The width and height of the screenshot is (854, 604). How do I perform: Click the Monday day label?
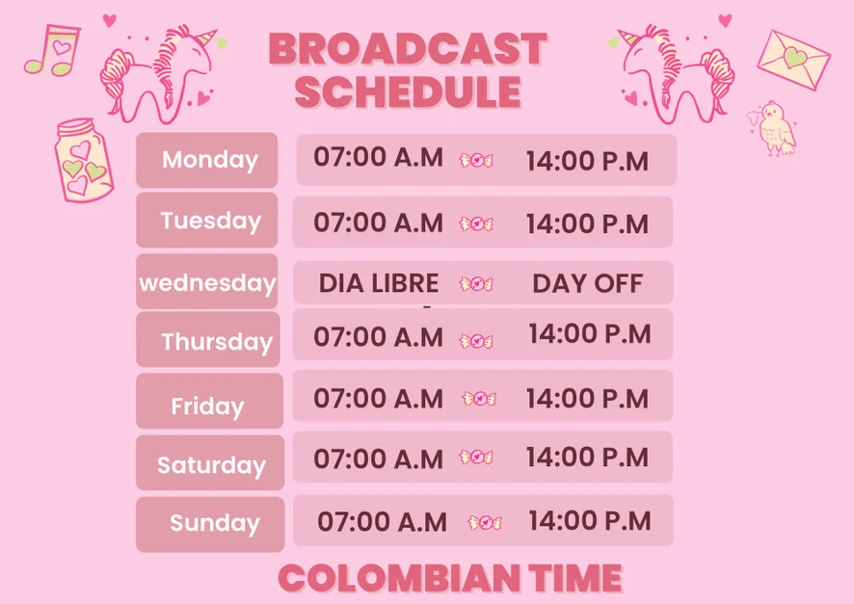click(x=210, y=160)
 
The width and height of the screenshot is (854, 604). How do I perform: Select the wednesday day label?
click(x=207, y=283)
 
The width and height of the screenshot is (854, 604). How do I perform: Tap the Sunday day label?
click(x=215, y=523)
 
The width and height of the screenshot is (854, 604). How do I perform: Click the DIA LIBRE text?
click(x=379, y=283)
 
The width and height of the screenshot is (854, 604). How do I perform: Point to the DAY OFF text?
click(x=588, y=283)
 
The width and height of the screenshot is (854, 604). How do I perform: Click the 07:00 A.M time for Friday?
click(x=379, y=398)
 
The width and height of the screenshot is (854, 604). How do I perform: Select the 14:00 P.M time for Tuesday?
click(x=587, y=223)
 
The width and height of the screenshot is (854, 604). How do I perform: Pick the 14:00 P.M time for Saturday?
click(x=587, y=457)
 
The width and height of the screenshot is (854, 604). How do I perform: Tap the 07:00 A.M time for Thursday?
click(x=379, y=337)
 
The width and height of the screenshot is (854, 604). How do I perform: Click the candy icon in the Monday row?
click(x=476, y=160)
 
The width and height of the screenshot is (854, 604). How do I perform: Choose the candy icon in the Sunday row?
click(x=485, y=523)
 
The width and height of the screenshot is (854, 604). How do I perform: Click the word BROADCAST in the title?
click(x=408, y=49)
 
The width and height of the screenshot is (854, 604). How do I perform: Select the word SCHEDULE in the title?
click(x=408, y=92)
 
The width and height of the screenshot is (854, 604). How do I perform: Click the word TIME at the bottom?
click(x=575, y=578)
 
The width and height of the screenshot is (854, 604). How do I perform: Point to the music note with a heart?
click(x=54, y=50)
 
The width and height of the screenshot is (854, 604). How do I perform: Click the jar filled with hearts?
click(x=83, y=160)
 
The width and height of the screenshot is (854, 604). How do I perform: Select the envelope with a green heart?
click(x=793, y=60)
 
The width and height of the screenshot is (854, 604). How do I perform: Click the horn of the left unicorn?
click(x=206, y=38)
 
